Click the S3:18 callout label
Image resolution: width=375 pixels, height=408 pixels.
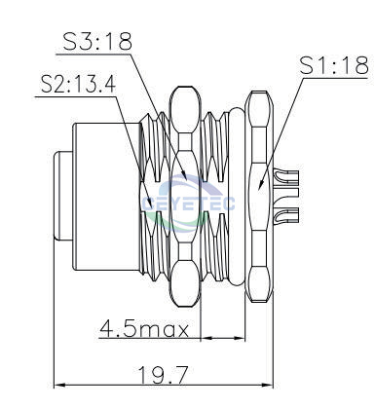tap(97, 41)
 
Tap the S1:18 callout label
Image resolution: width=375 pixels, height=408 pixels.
tap(334, 65)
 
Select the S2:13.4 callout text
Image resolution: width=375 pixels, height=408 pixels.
tap(78, 84)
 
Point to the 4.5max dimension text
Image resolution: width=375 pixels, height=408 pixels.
tap(144, 328)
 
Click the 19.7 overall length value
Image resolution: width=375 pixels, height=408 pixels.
tap(164, 375)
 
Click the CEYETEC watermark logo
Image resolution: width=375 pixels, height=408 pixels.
tap(188, 203)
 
